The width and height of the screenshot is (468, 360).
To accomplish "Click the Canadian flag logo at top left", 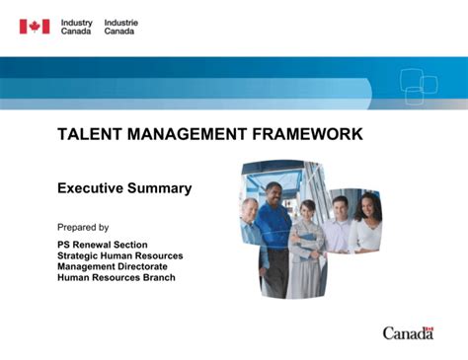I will [34, 27].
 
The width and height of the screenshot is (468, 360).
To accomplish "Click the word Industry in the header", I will [76, 22].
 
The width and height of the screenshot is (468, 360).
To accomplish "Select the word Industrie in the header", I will [120, 22].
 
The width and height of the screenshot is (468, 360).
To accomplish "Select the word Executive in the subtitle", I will [92, 188].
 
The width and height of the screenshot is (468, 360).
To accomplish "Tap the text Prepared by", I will [83, 227].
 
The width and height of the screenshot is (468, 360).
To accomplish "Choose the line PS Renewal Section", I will [102, 245].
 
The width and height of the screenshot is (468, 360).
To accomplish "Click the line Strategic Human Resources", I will [119, 255].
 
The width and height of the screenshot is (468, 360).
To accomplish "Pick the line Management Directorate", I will [112, 266].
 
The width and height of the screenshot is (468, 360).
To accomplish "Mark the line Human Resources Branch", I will [116, 277].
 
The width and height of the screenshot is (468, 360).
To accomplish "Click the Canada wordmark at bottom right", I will [408, 333].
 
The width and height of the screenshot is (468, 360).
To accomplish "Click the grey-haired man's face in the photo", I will [251, 209].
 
